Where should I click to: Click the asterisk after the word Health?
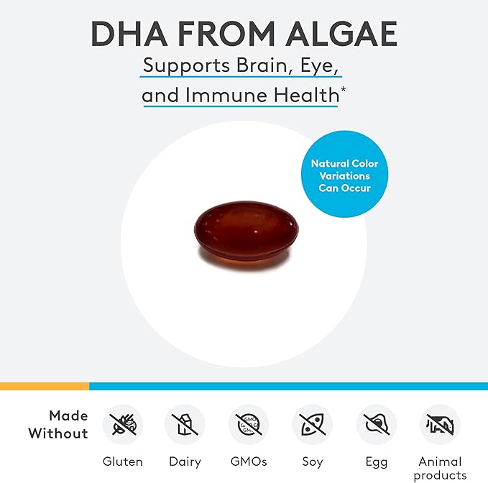click(x=344, y=90)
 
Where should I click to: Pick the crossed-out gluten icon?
click(x=123, y=424)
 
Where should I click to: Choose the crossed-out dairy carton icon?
click(x=185, y=424)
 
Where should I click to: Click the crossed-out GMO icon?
click(x=249, y=424)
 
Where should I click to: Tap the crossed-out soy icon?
click(x=312, y=424)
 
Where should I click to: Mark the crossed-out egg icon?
click(x=376, y=424)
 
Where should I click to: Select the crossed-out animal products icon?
click(x=440, y=424)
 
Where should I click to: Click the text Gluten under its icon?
click(x=123, y=461)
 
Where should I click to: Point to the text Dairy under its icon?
click(x=185, y=461)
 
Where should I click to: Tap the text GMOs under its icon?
click(x=249, y=461)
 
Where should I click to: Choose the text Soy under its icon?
click(x=312, y=461)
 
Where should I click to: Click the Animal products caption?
click(x=440, y=468)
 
